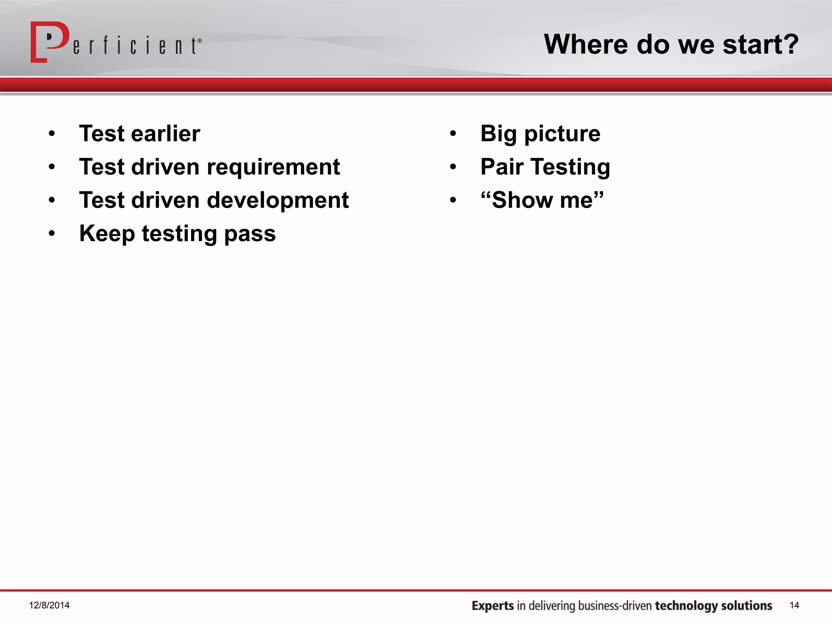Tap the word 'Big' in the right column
click(498, 134)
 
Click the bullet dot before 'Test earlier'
click(52, 134)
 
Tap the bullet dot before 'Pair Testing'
click(453, 167)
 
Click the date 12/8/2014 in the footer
click(49, 605)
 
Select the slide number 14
click(794, 605)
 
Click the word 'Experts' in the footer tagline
click(493, 606)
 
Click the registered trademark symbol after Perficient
click(199, 41)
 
